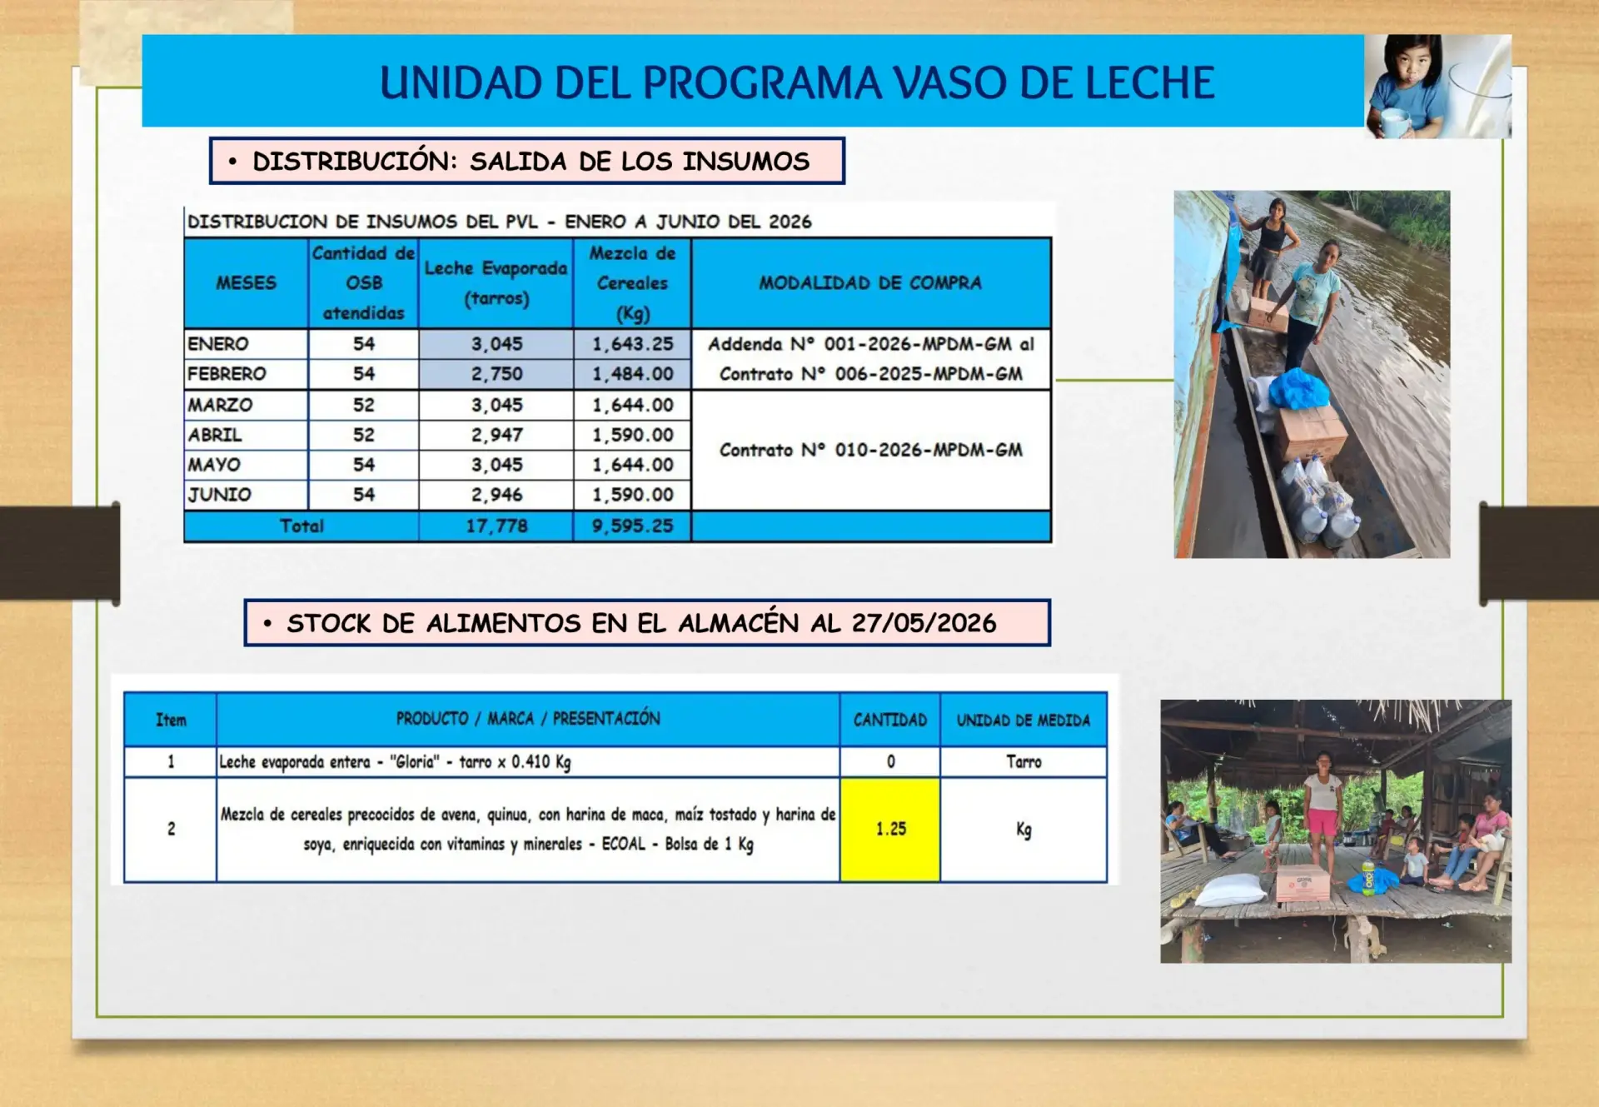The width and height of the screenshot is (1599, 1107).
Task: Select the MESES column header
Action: click(x=246, y=283)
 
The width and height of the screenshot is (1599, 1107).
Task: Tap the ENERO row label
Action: click(x=218, y=344)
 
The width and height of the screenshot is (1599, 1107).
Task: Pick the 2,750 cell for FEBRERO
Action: click(x=496, y=374)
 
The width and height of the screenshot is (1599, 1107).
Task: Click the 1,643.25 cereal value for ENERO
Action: click(x=632, y=344)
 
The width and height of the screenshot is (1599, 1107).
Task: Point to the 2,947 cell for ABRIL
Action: click(x=496, y=435)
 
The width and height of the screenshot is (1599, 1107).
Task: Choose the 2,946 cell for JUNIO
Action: click(x=496, y=495)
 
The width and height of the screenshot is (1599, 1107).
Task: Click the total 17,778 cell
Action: click(x=496, y=526)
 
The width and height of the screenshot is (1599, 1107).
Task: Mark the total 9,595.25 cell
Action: click(x=632, y=526)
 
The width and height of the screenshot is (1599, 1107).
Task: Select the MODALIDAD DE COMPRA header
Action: click(x=870, y=283)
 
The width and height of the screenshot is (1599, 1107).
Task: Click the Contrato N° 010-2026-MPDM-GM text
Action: click(x=870, y=450)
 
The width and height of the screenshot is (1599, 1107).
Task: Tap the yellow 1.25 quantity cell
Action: click(x=890, y=830)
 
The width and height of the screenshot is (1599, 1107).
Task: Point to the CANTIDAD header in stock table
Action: click(x=890, y=720)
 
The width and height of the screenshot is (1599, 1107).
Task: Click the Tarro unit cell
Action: click(x=1024, y=761)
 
